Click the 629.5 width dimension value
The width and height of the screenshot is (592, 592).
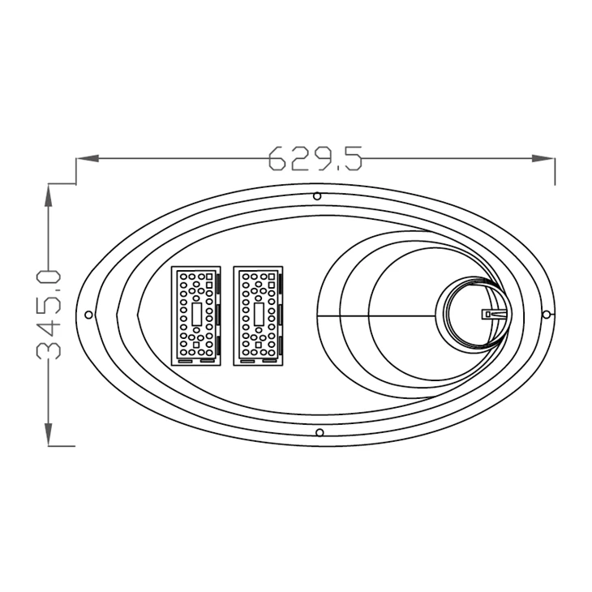[315, 158]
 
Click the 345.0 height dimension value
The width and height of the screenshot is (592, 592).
[49, 314]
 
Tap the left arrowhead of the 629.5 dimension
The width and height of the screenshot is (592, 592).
[88, 158]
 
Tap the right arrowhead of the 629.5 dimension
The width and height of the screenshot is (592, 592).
[543, 158]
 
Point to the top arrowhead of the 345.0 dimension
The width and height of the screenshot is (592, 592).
[49, 195]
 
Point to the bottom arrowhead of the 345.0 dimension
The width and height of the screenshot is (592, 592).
[49, 434]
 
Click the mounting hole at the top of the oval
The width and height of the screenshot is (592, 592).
[317, 196]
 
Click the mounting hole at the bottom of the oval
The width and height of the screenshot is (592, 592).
[320, 432]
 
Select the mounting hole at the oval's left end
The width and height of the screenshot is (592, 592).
[88, 315]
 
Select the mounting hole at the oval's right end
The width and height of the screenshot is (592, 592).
[546, 314]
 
